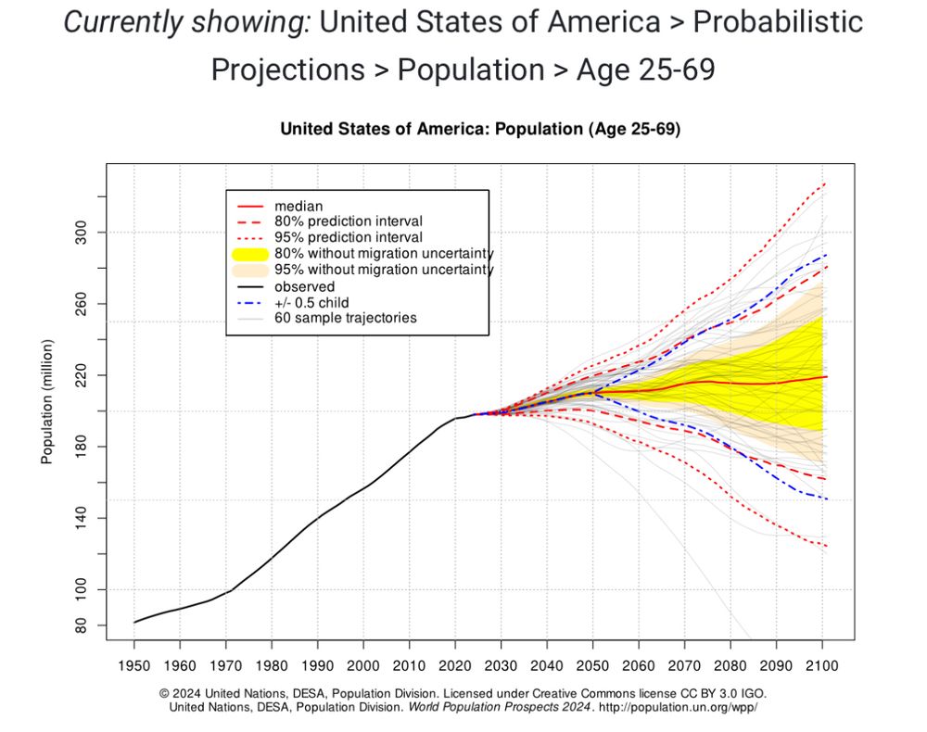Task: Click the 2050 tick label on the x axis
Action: [592, 666]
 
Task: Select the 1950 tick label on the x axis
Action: [133, 666]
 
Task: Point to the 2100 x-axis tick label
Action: [822, 666]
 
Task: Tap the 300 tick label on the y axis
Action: [80, 232]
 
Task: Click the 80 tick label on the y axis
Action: [80, 626]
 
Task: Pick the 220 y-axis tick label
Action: [80, 375]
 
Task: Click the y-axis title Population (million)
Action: [47, 401]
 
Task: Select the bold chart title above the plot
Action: [480, 131]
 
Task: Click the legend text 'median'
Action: [298, 206]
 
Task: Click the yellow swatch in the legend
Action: [250, 254]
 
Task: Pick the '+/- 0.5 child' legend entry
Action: [318, 302]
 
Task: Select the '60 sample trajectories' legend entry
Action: [345, 318]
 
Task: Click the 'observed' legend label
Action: [304, 286]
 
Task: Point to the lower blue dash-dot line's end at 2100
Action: [825, 499]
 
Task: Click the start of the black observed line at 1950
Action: [134, 622]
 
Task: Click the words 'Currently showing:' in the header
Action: [186, 22]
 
